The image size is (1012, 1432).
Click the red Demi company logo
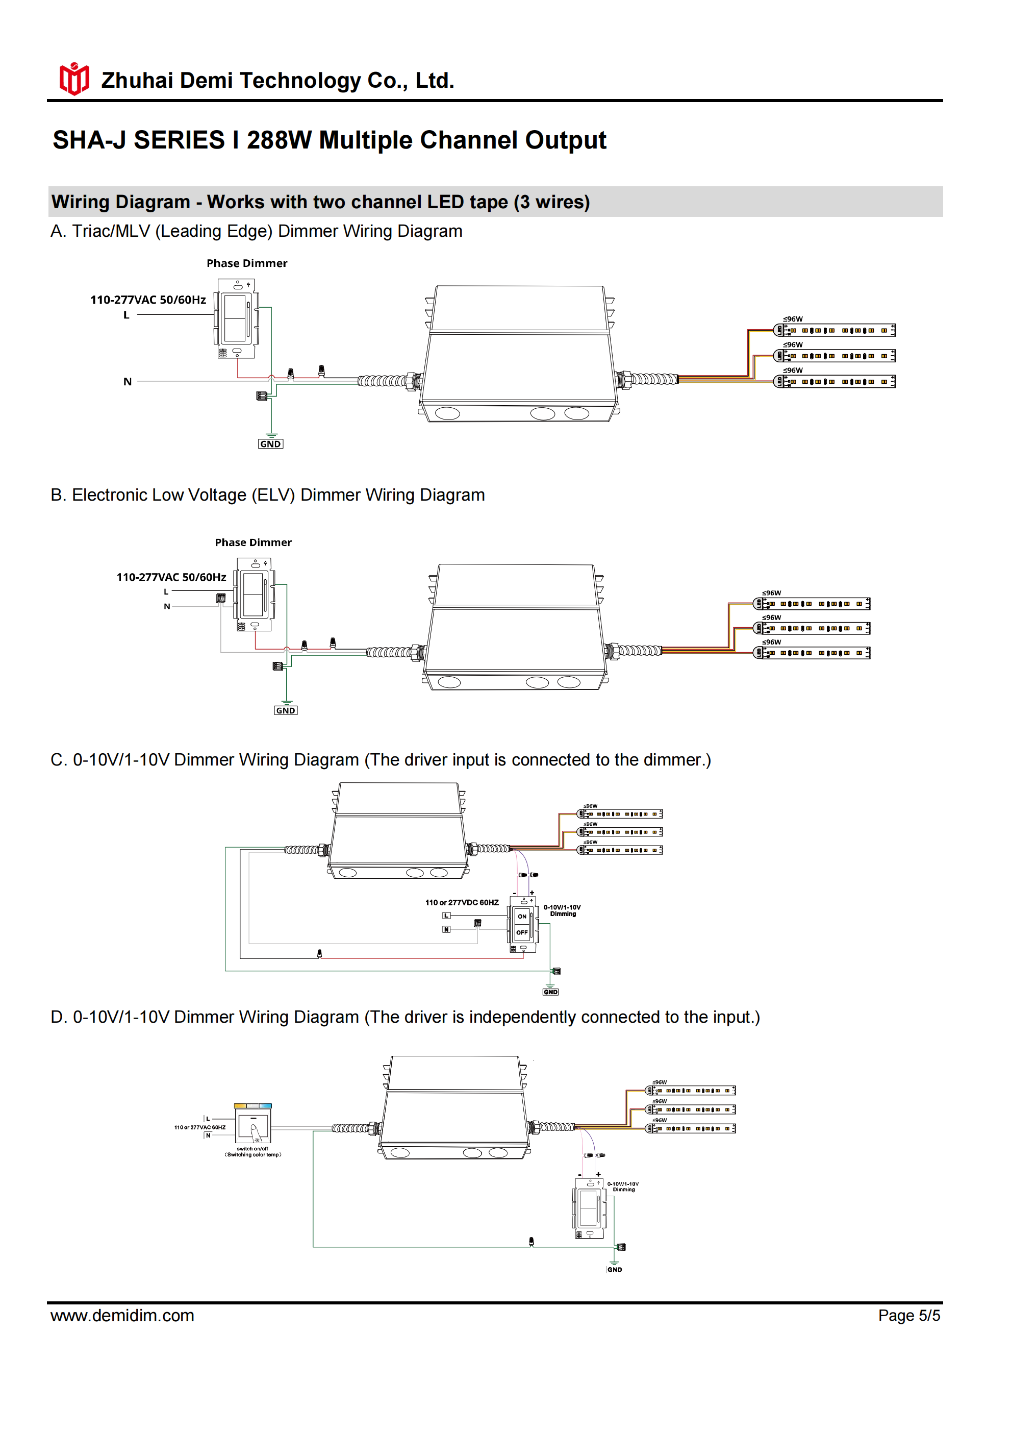click(74, 79)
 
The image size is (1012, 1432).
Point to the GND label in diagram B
click(286, 710)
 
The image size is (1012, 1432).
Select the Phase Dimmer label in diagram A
click(247, 263)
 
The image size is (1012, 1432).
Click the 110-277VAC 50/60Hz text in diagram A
click(148, 300)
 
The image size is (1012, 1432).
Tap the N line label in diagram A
click(127, 382)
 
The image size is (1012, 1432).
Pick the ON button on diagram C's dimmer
click(522, 916)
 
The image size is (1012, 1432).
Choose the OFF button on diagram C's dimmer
click(522, 932)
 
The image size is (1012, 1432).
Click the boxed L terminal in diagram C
click(446, 916)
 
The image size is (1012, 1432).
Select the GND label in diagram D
click(614, 1269)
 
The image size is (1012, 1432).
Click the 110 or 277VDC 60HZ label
click(462, 902)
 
